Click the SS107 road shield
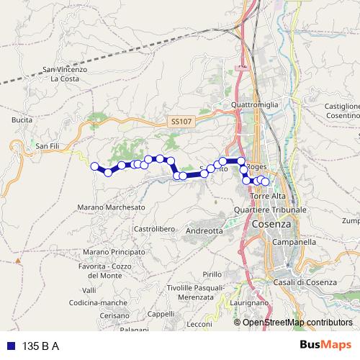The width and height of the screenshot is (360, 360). tap(181, 122)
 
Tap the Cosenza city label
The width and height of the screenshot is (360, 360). tap(273, 224)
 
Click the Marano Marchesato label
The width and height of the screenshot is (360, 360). tap(109, 207)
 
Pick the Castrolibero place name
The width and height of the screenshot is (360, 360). tap(155, 228)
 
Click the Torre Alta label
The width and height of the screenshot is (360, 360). tap(268, 196)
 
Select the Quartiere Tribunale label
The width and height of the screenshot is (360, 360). tap(271, 209)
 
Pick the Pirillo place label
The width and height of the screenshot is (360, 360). tap(212, 274)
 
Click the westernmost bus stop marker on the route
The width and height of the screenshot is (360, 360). tap(94, 166)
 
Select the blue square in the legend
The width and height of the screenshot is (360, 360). tap(10, 346)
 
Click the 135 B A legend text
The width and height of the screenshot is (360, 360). tap(41, 346)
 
